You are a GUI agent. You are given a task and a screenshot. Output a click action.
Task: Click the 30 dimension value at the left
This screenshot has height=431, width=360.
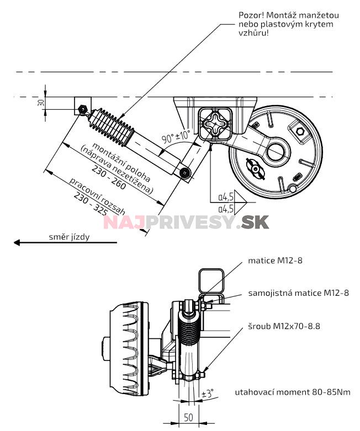41,103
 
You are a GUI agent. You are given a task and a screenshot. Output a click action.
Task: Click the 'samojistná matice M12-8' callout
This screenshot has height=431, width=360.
298,292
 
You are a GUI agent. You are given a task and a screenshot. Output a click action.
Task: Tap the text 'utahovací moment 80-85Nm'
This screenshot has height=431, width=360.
292,392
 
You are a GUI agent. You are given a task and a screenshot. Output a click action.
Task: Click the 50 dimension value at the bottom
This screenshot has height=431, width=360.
189,418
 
